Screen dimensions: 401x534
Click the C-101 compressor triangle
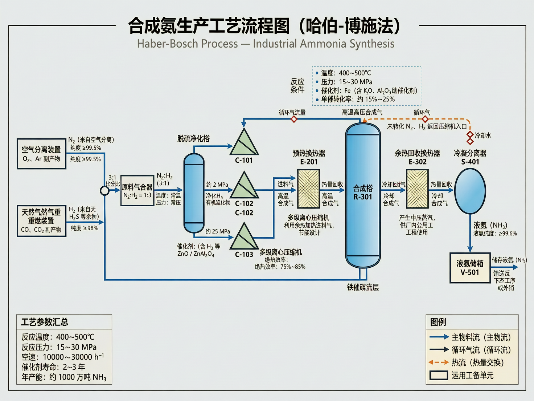point(244,144)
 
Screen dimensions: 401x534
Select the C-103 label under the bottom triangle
point(244,254)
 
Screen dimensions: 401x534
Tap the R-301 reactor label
point(363,197)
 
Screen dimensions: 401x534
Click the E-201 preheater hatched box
point(308,189)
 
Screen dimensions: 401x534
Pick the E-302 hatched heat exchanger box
point(417,189)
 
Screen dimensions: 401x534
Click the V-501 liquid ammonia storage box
point(470,268)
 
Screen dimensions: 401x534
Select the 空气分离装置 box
point(41,154)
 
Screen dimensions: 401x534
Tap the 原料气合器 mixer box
point(137,191)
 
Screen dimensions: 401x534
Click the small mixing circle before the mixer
point(104,191)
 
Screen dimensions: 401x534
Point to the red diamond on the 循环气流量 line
point(294,119)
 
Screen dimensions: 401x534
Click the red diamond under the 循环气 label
point(425,119)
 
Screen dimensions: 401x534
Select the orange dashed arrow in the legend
point(439,362)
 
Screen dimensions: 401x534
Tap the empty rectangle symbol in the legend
point(439,375)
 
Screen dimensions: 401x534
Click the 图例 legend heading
point(438,322)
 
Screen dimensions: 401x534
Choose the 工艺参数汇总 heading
point(45,322)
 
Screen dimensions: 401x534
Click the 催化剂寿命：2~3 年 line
point(53,367)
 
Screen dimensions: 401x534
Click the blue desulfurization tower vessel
point(194,193)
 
